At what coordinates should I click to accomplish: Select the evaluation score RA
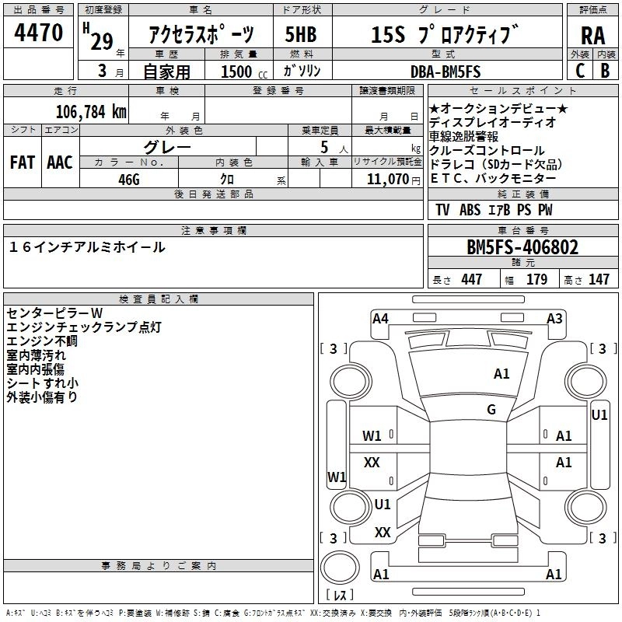[592, 36]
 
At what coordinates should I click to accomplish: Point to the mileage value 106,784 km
[91, 111]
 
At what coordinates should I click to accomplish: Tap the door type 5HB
[301, 35]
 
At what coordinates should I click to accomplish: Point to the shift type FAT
[23, 162]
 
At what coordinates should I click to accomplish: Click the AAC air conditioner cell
[60, 162]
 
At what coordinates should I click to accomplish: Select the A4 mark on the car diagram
[380, 318]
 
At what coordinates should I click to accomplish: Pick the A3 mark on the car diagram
[554, 318]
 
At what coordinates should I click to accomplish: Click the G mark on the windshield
[491, 409]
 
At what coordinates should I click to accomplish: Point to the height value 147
[599, 280]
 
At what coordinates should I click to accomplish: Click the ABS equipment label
[470, 210]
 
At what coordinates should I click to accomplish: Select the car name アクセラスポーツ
[201, 35]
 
